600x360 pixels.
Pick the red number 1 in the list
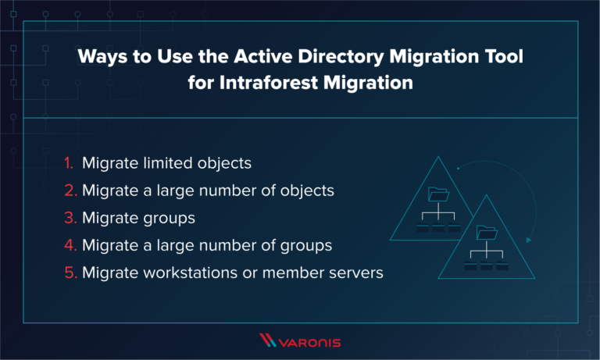[68, 165]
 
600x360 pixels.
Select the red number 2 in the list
[69, 191]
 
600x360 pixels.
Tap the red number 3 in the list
[69, 219]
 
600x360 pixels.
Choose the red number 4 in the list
[69, 245]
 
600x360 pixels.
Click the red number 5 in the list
[69, 273]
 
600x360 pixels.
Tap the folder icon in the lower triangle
[486, 232]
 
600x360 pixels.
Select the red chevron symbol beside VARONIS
[268, 340]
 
